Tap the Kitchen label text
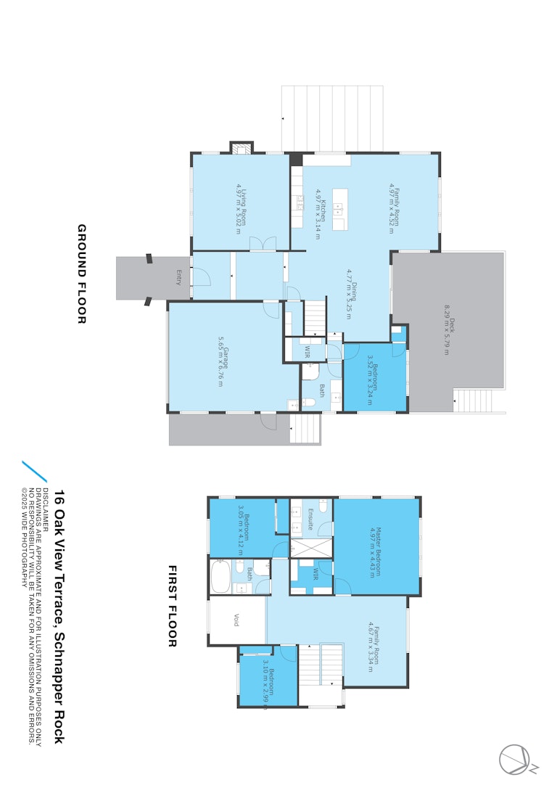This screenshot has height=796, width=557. coord(323,210)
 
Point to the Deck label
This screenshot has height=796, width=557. coord(452,325)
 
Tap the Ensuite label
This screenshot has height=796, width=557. coord(310,520)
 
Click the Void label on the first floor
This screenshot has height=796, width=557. coord(236,620)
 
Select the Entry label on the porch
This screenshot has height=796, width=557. coord(178,278)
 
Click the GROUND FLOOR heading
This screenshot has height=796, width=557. coord(82,274)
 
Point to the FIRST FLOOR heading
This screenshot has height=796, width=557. coord(173,606)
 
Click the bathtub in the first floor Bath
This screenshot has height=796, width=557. coord(221,576)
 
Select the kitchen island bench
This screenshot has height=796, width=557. coord(340,209)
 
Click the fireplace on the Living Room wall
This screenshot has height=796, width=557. coord(242,148)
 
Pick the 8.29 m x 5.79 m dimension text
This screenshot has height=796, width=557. coord(447,330)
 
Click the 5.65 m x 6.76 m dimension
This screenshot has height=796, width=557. coord(220,361)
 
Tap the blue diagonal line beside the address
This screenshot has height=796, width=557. coord(34,472)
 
